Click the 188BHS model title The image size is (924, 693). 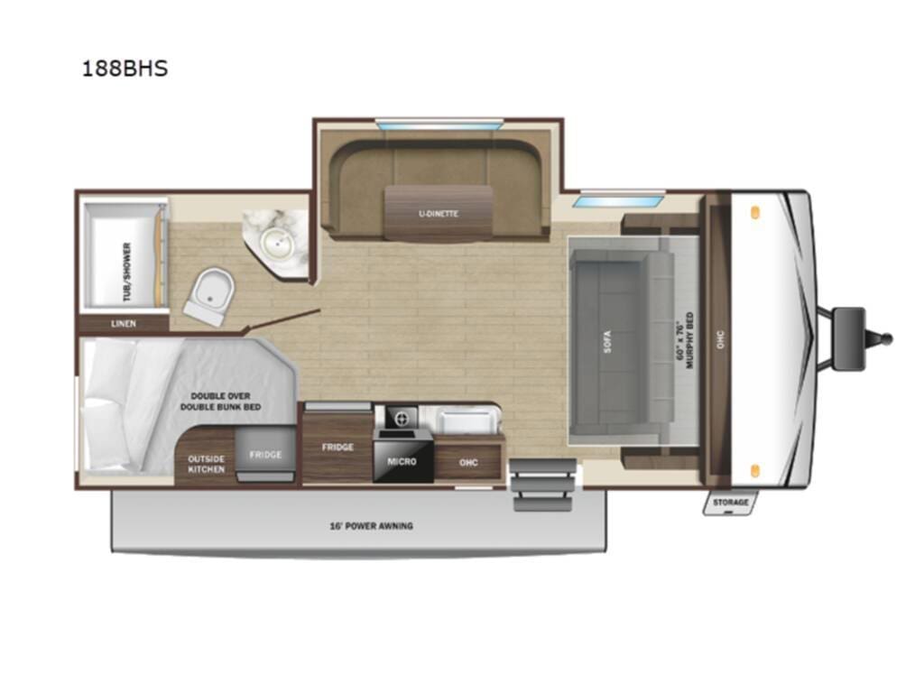125,69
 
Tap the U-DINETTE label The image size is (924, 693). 439,214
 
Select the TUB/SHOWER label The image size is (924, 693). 126,272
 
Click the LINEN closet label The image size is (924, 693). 124,323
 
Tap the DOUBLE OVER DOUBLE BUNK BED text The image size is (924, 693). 220,402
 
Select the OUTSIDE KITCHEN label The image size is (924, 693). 206,464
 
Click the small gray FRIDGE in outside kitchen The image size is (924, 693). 265,455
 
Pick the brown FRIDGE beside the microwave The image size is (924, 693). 337,447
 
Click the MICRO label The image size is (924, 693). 402,461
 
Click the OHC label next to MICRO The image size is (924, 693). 467,463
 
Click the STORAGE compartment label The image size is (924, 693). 730,503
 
